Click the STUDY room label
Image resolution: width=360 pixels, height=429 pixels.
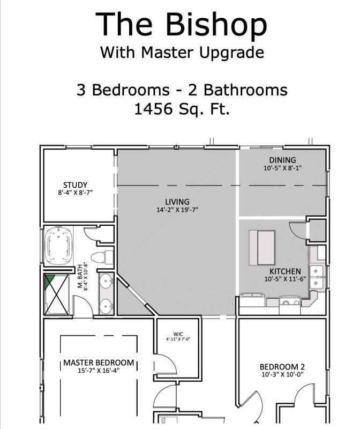click(75, 186)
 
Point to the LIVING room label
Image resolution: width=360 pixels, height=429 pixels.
click(177, 202)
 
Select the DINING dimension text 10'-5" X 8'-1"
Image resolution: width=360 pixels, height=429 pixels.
click(282, 168)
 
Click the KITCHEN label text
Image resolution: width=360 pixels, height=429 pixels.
click(284, 271)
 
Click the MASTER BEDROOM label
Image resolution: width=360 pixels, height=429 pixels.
click(99, 363)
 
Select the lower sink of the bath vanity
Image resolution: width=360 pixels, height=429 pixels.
click(106, 305)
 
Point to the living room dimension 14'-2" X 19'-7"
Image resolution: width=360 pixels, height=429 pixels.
click(177, 210)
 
